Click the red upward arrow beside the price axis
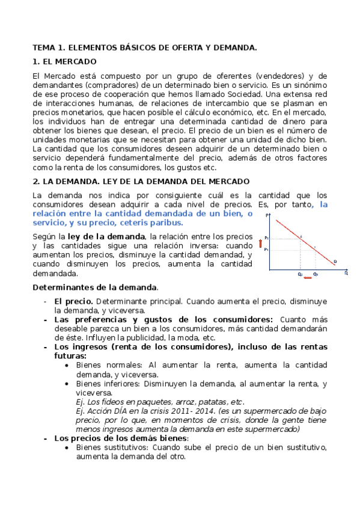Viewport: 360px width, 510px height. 261,244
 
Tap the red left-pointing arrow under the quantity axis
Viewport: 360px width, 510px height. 308,278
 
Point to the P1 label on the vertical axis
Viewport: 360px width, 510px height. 266,248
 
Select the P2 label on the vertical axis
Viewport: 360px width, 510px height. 266,238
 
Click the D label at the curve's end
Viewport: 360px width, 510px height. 335,261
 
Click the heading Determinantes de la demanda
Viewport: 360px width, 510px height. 95,287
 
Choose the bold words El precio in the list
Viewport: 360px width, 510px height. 73,300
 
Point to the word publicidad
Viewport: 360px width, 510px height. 147,338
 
